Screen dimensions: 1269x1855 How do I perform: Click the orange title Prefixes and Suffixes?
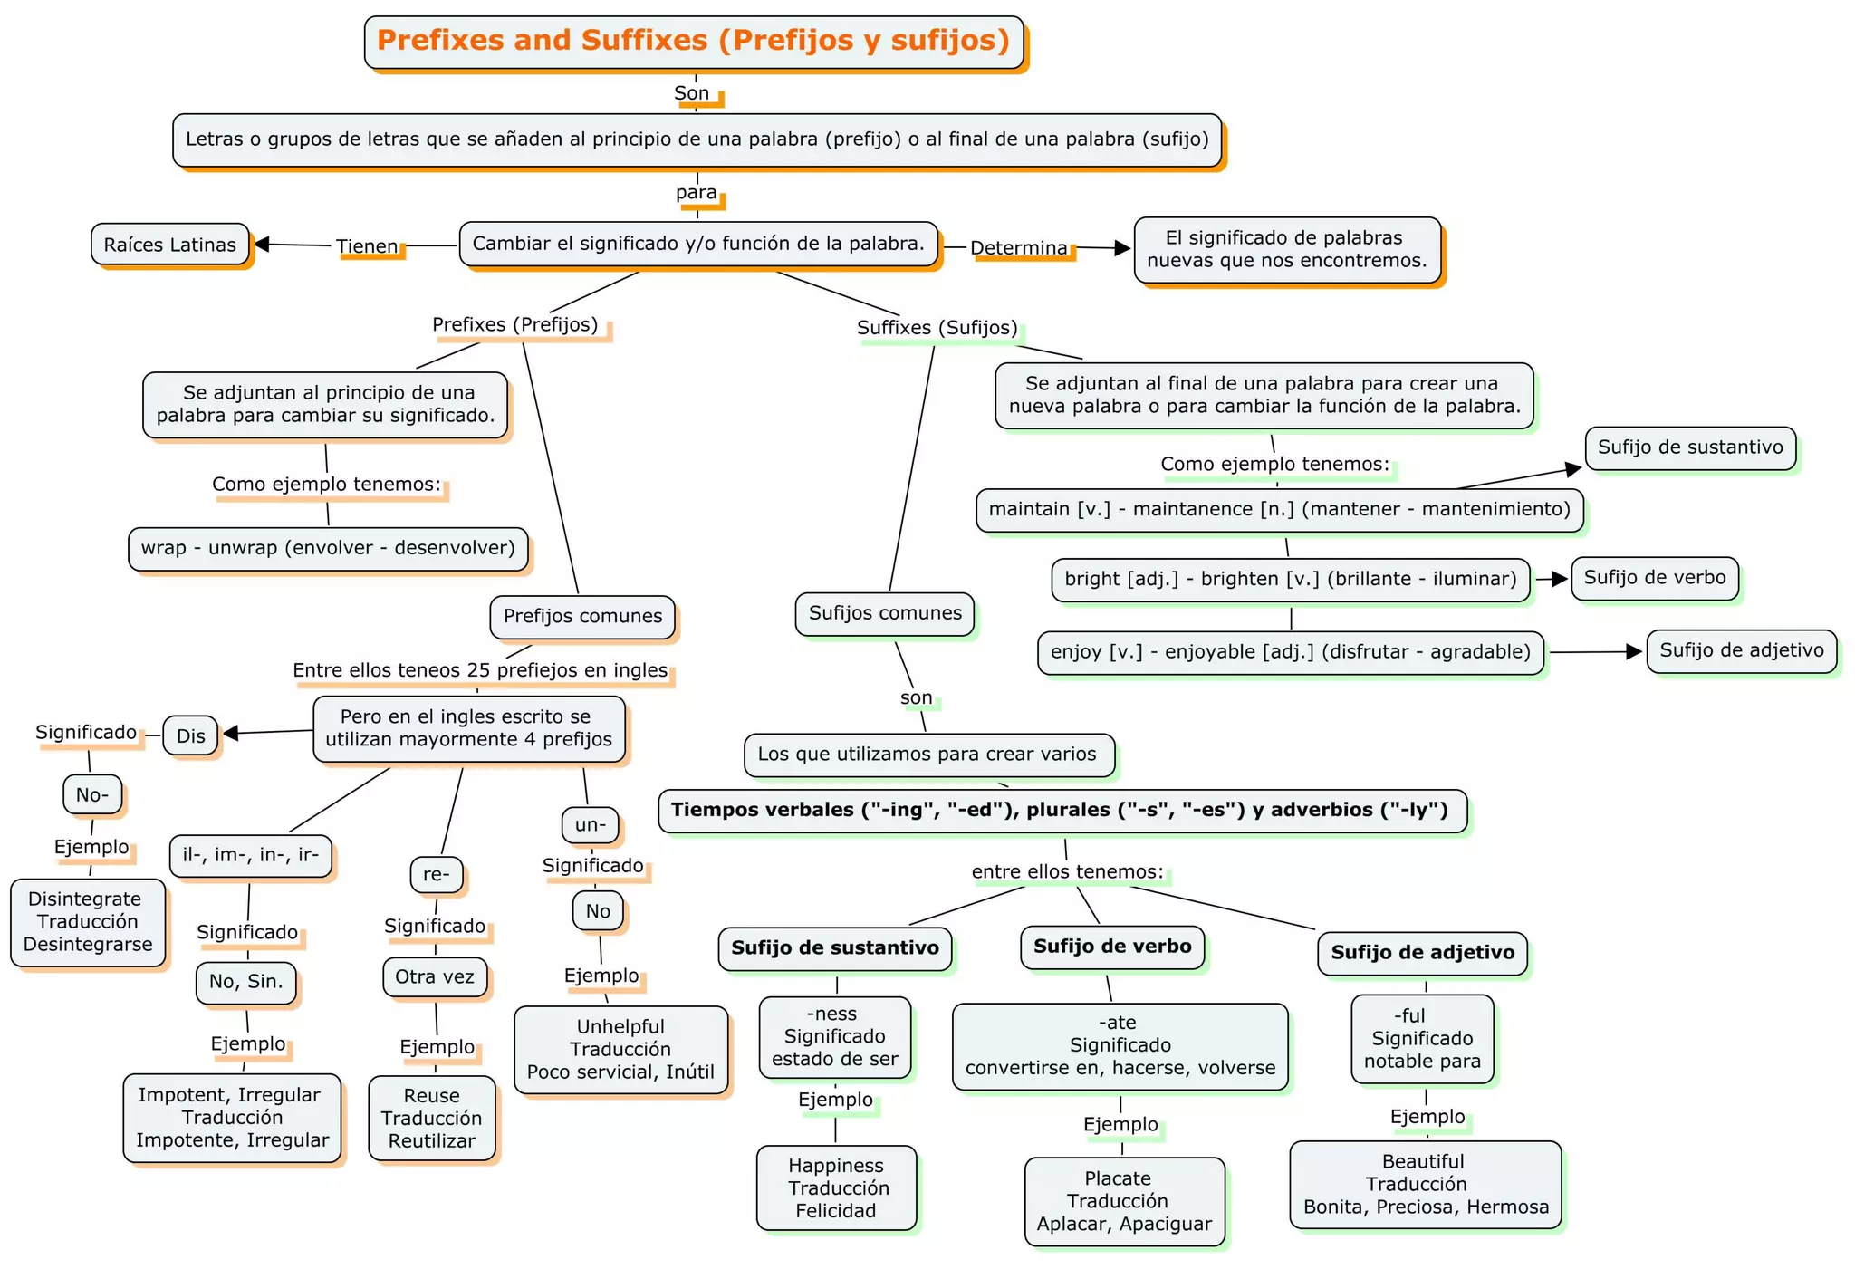693,42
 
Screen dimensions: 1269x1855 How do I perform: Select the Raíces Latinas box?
169,245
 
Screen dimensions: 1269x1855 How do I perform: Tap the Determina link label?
1019,247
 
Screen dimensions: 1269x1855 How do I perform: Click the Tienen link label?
367,246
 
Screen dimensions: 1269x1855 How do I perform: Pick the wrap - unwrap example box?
328,548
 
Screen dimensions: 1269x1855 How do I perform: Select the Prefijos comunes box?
582,616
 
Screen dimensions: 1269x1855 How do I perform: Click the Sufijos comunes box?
885,613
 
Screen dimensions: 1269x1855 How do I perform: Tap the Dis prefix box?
190,735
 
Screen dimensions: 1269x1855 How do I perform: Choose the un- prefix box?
591,825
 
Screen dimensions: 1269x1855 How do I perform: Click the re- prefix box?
437,874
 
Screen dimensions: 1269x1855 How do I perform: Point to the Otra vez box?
435,976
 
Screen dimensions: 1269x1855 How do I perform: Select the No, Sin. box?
246,982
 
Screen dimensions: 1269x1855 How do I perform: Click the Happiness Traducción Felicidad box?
836,1187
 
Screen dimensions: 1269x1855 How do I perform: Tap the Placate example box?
1124,1201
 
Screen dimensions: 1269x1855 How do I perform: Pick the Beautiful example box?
1426,1184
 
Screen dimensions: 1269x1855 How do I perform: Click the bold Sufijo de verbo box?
1112,947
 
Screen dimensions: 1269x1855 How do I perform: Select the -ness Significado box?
835,1036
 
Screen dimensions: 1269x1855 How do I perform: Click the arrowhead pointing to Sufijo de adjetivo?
1634,651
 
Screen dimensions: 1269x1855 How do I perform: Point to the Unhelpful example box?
620,1050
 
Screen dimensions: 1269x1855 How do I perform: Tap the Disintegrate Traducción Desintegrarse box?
88,922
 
